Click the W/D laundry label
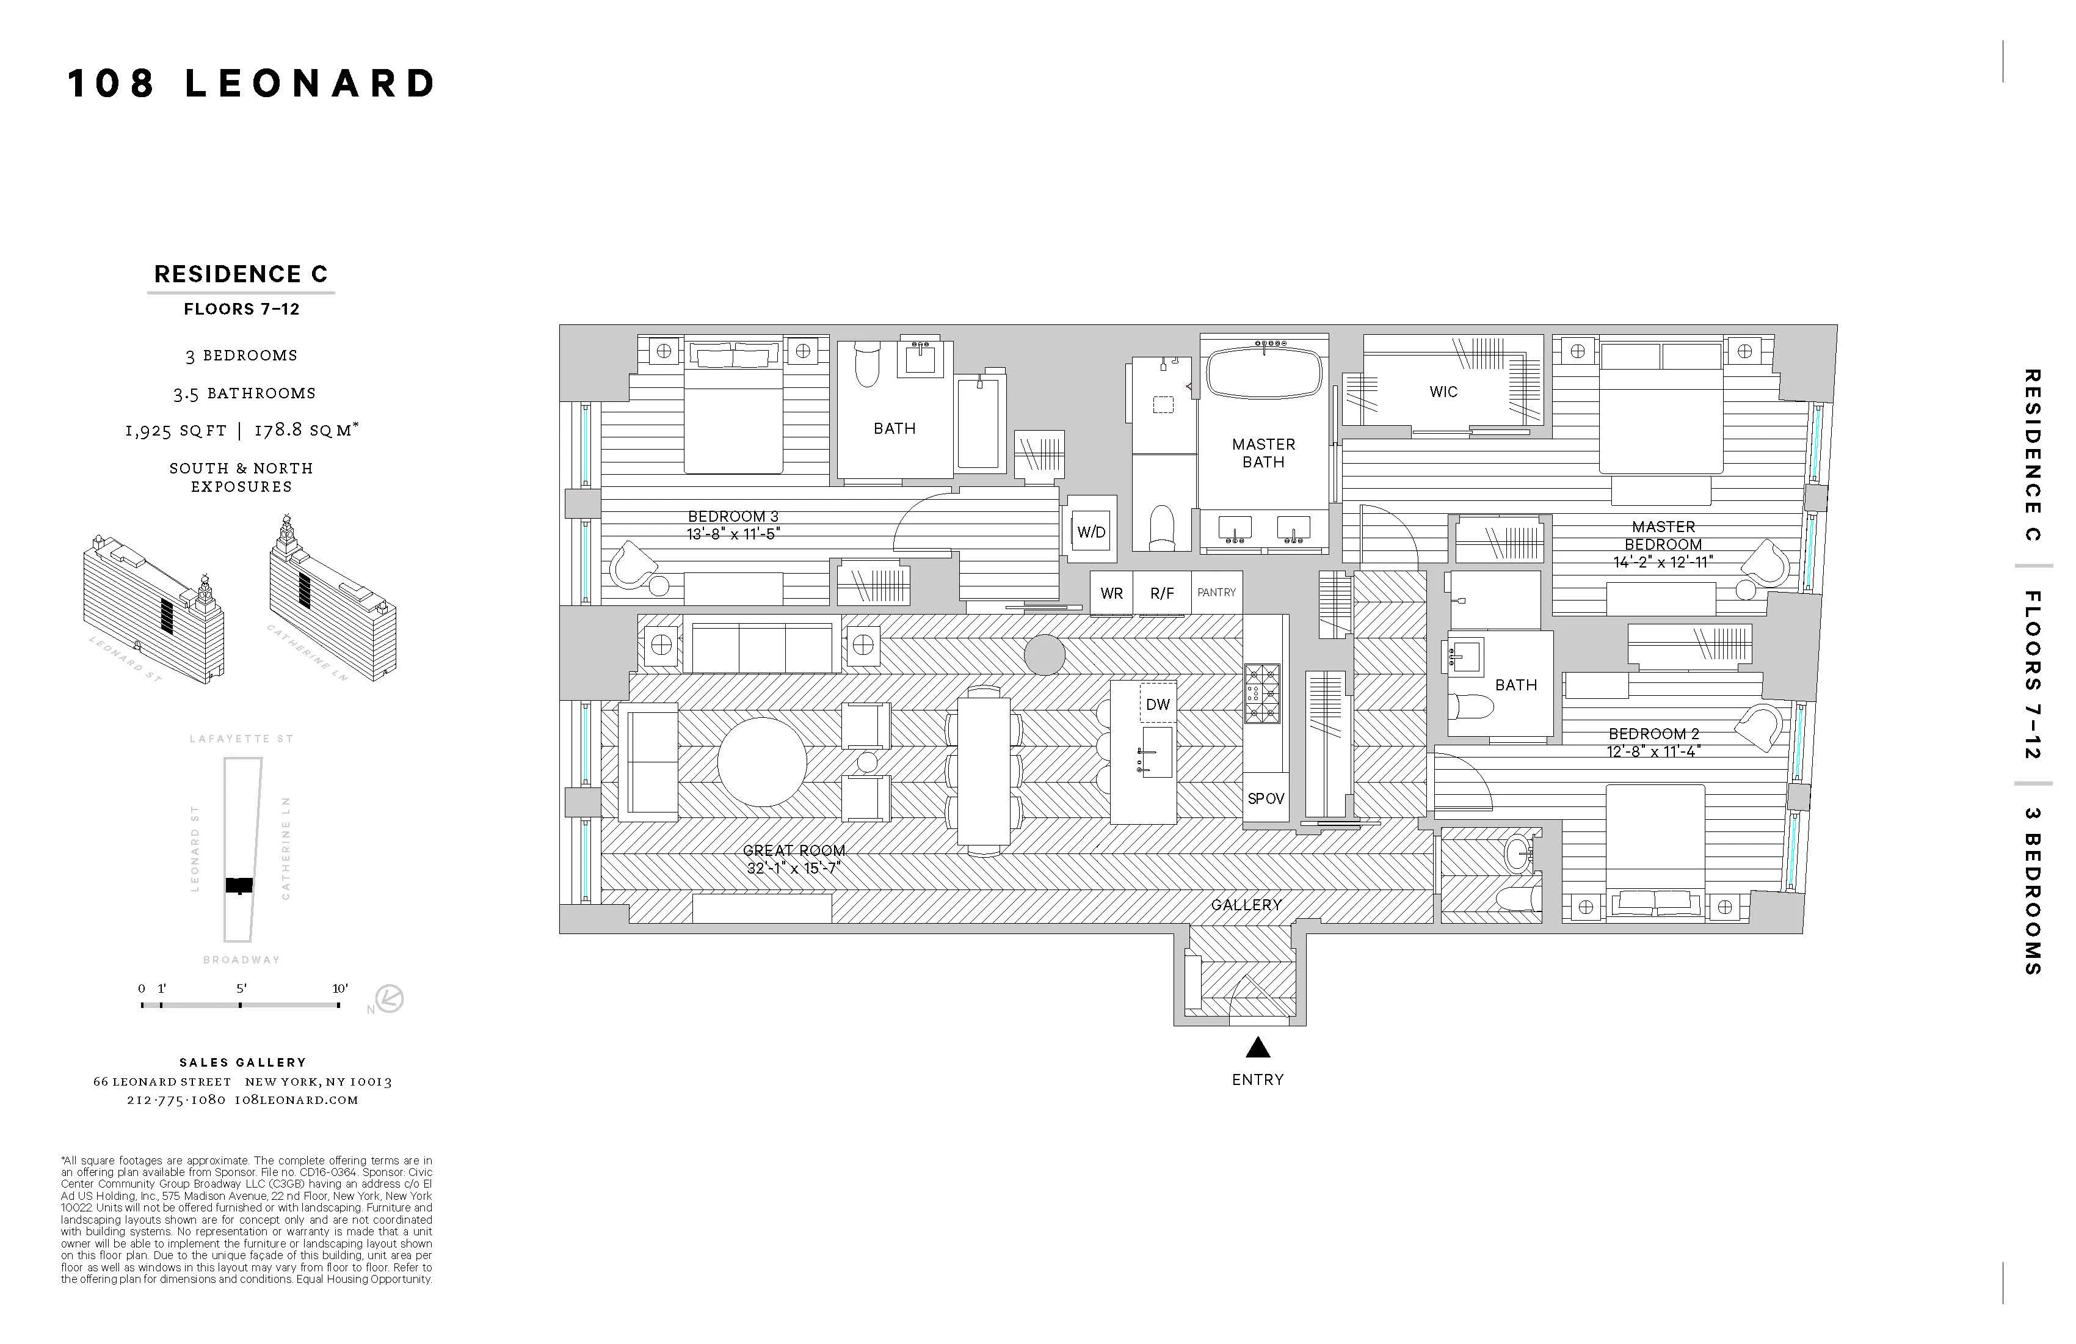1091,532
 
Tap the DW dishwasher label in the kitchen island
1158,704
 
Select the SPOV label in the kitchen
1266,798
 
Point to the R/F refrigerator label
1162,593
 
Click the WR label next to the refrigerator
1111,593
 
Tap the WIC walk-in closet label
1443,392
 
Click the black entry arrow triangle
1257,1047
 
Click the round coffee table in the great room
761,762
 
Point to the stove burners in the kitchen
1262,694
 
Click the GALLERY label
1246,905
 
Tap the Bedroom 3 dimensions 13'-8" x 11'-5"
733,534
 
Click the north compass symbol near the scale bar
389,998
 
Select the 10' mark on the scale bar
339,989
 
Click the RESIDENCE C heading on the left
241,274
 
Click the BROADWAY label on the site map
242,960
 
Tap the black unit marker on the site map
239,885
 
